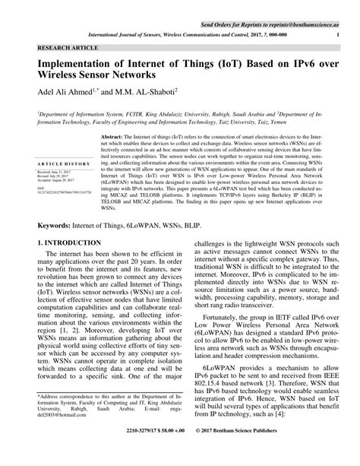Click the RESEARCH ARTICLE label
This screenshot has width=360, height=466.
click(x=54, y=47)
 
